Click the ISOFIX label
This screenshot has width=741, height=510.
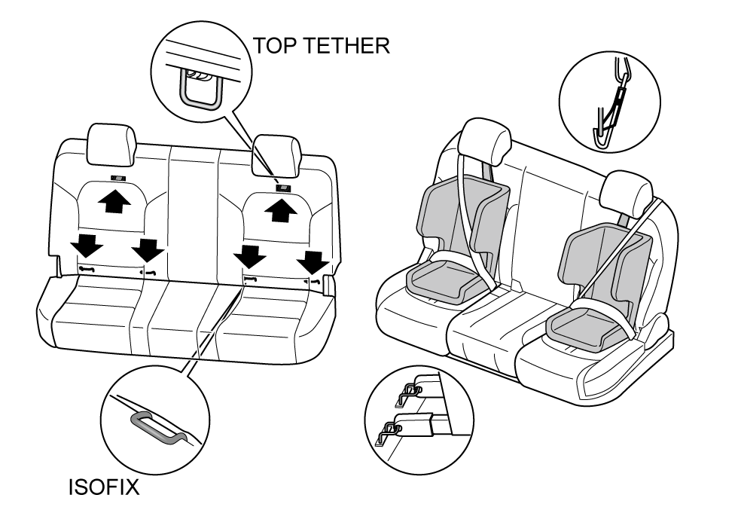point(101,488)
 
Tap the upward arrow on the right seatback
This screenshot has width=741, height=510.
point(280,211)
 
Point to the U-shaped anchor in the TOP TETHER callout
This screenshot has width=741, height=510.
point(200,90)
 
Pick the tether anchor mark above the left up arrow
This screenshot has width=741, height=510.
point(117,179)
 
